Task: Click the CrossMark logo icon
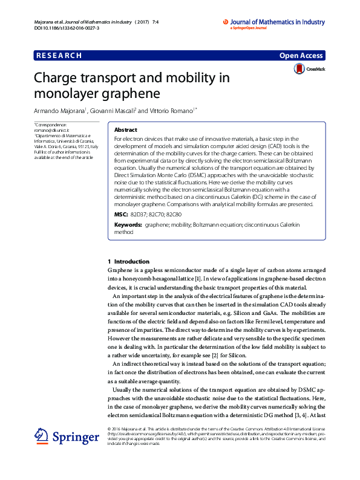click(299, 70)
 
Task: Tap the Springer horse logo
click(41, 437)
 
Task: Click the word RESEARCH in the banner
click(59, 56)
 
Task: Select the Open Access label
click(301, 56)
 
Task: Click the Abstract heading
click(126, 130)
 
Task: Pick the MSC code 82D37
click(139, 215)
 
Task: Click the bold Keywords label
click(128, 225)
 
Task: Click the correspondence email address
click(52, 130)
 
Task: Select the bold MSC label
click(121, 215)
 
